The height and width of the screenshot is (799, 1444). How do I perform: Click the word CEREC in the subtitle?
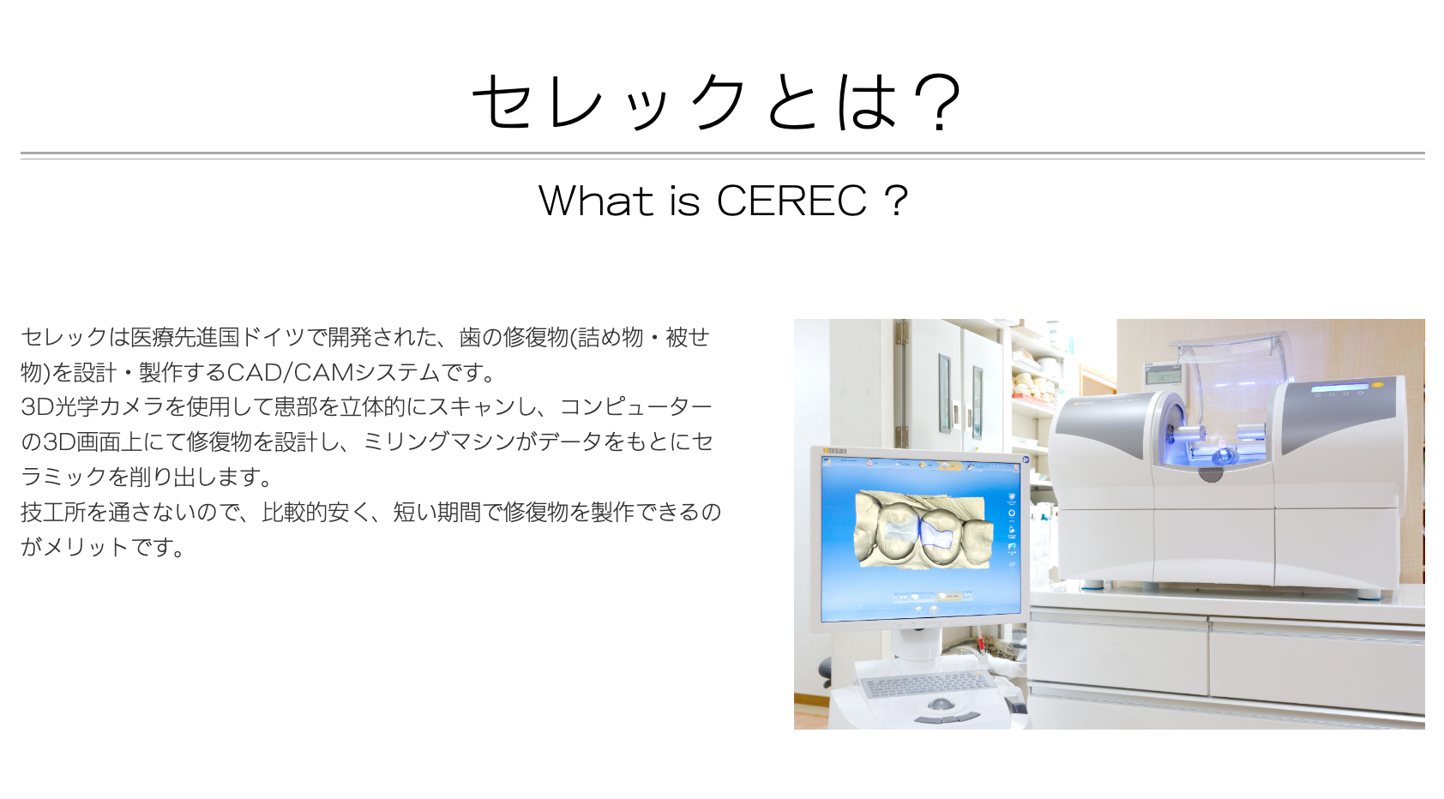point(791,201)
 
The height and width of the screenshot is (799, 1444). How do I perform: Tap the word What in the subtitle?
point(596,201)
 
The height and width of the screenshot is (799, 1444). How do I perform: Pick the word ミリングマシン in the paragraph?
point(440,442)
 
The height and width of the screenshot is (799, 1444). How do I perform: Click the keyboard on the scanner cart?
point(926,683)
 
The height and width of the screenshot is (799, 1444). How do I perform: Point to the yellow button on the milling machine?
point(1377,386)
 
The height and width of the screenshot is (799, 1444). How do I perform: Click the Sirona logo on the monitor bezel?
point(834,451)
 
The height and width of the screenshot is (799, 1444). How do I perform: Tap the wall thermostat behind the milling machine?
point(1164,375)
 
